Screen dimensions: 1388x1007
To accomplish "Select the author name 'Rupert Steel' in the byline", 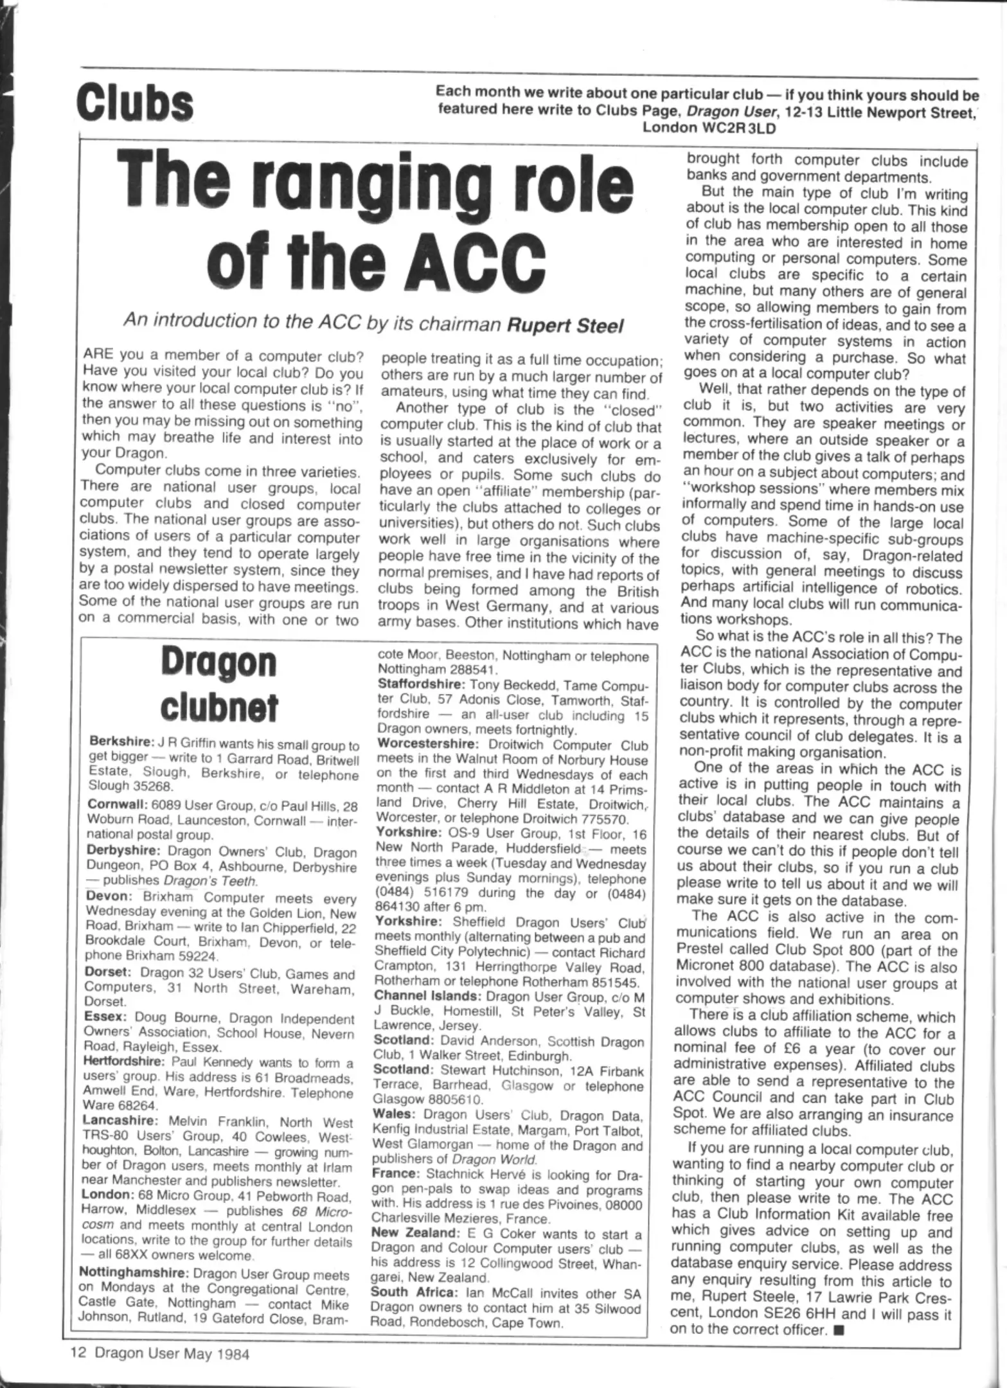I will point(565,325).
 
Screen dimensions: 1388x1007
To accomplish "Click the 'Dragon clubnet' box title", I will point(218,684).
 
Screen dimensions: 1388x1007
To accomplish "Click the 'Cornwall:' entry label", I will point(117,804).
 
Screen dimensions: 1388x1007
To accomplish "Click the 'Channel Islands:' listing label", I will point(427,996).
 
